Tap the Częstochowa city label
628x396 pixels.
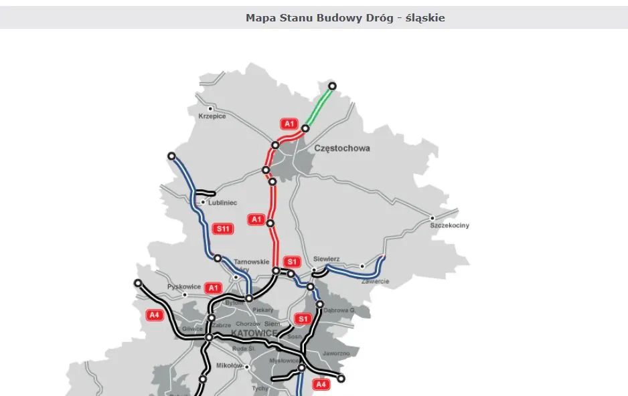pyautogui.click(x=341, y=148)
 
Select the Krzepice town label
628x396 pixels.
pyautogui.click(x=212, y=116)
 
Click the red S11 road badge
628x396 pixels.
pyautogui.click(x=223, y=229)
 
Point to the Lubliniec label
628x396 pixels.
pyautogui.click(x=222, y=203)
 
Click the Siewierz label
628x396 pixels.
pyautogui.click(x=326, y=259)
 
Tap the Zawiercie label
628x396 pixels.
pyautogui.click(x=375, y=282)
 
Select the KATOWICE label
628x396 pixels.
pyautogui.click(x=254, y=333)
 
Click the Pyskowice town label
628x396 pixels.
pyautogui.click(x=184, y=286)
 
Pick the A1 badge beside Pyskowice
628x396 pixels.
pyautogui.click(x=213, y=288)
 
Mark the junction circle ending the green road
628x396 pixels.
pyautogui.click(x=332, y=86)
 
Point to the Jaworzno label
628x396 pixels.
pyautogui.click(x=335, y=353)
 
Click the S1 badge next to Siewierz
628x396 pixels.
pyautogui.click(x=292, y=261)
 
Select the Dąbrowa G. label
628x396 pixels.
pyautogui.click(x=337, y=310)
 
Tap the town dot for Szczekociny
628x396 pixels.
pyautogui.click(x=433, y=218)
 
